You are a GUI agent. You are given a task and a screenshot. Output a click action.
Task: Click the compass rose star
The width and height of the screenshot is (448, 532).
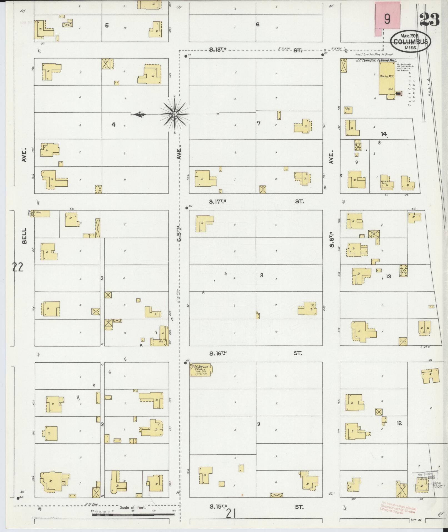click(175, 114)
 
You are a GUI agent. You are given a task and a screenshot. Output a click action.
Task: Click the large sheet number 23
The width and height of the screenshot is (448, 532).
click(429, 19)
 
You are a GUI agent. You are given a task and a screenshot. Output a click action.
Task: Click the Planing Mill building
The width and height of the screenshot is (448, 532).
click(387, 78)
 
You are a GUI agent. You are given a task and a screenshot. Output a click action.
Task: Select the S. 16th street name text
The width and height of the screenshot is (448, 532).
click(218, 353)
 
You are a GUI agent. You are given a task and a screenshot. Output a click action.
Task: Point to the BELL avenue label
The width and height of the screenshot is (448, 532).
click(24, 236)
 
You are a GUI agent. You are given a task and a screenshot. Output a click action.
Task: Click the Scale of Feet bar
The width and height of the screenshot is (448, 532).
click(133, 514)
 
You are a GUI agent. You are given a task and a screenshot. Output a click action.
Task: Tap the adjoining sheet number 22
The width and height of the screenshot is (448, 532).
click(17, 267)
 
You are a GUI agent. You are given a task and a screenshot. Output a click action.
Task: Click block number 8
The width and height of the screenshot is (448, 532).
click(261, 275)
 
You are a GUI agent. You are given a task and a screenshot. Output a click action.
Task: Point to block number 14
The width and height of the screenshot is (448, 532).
click(384, 134)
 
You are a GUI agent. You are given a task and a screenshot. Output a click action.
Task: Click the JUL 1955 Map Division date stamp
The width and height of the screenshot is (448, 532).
click(424, 477)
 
